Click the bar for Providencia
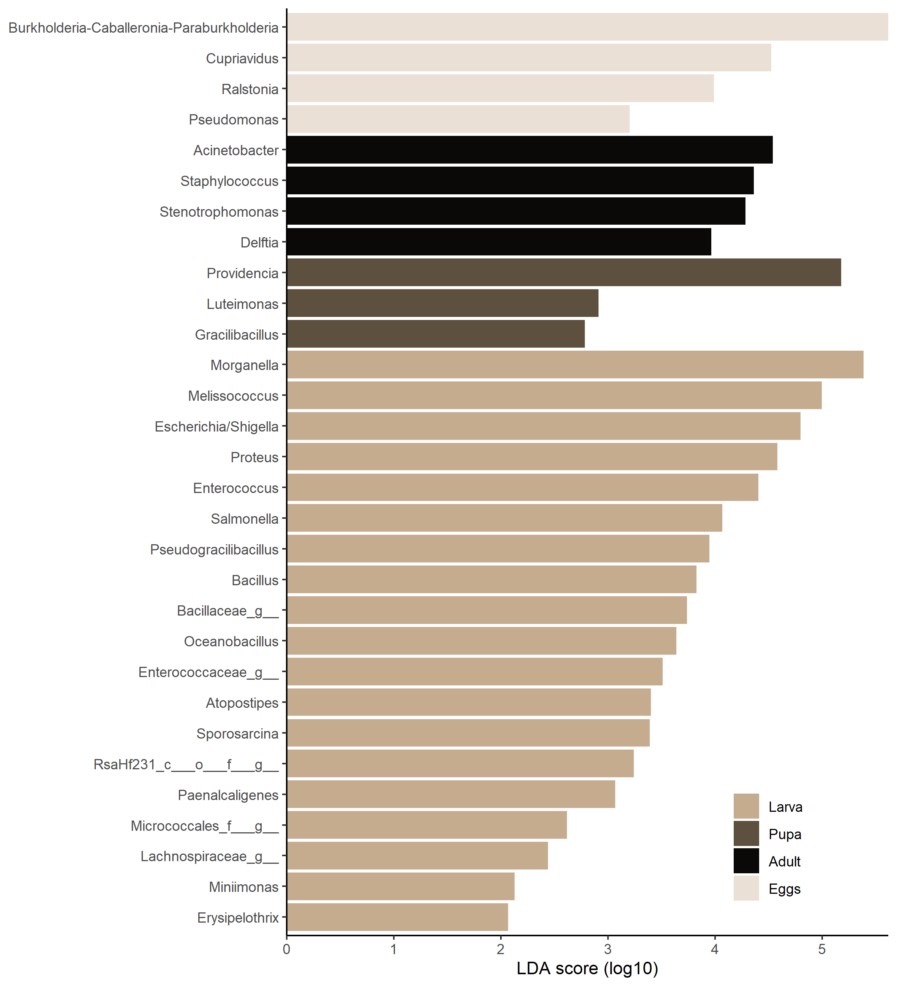564,273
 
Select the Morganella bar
575,365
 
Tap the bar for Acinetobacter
529,150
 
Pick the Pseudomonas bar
458,119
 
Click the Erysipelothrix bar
397,918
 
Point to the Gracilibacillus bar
436,334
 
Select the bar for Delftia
499,242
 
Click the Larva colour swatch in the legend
746,806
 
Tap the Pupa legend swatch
746,834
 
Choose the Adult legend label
784,861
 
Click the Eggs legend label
784,889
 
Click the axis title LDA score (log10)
587,969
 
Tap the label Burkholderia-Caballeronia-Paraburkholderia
144,28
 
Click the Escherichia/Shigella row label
216,427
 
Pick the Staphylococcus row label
229,181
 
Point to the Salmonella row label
244,518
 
